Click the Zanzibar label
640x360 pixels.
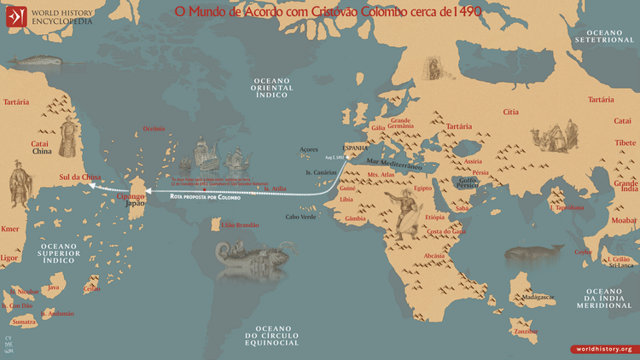tap(527, 331)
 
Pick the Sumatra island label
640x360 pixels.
tap(23, 322)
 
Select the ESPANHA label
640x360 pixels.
tap(356, 146)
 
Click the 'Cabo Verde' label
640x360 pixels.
tap(301, 217)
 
